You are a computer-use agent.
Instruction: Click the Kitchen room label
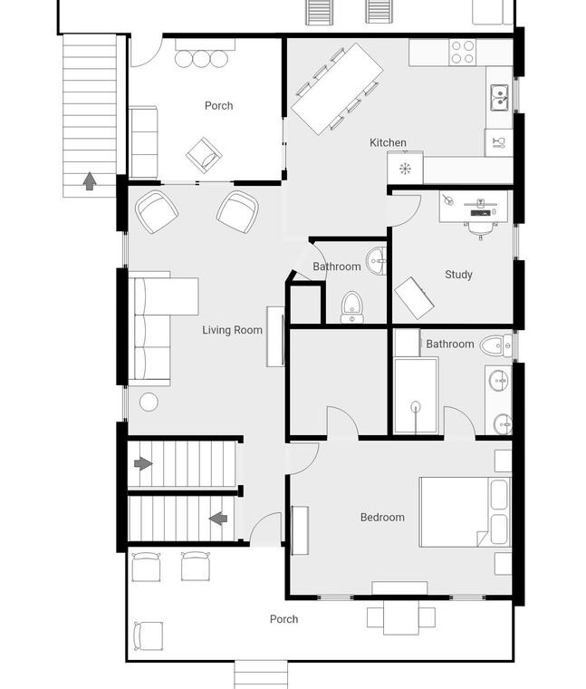click(388, 142)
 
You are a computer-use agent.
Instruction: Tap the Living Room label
click(232, 330)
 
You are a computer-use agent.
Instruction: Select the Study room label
click(458, 275)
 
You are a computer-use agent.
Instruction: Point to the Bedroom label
click(382, 517)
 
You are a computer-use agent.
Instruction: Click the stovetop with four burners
click(463, 53)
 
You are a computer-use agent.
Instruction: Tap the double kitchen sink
click(500, 98)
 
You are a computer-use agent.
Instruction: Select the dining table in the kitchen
click(337, 89)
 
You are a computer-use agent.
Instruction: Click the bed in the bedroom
click(466, 512)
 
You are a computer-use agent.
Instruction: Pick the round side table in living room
click(149, 402)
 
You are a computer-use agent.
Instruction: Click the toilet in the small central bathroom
click(352, 307)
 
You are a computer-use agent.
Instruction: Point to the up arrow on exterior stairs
click(90, 181)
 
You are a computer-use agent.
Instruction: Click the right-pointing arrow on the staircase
click(143, 463)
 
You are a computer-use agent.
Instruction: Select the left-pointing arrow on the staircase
click(218, 519)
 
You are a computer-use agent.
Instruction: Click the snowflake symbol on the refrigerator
click(404, 169)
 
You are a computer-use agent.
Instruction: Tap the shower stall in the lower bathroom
click(416, 396)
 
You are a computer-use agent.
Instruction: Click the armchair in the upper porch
click(204, 155)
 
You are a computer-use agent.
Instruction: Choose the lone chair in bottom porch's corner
click(149, 636)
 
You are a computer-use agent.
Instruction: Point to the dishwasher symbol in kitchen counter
click(499, 142)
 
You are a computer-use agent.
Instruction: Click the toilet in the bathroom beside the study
click(495, 345)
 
